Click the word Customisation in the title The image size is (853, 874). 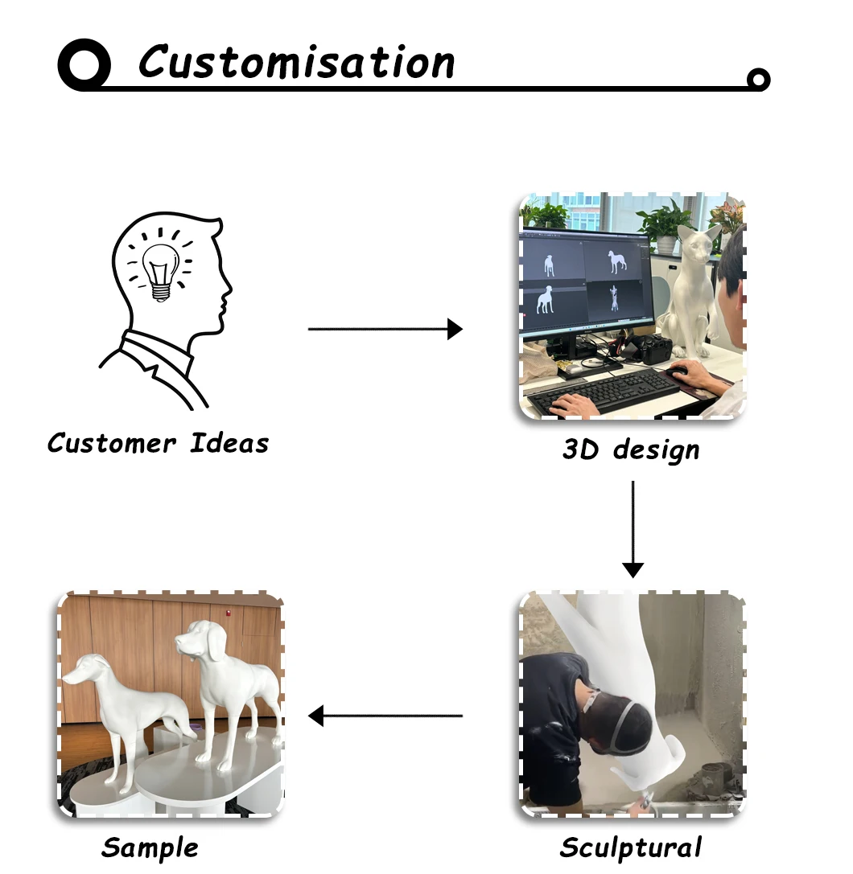coord(296,62)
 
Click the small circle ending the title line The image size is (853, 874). coord(757,79)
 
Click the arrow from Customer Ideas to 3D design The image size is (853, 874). coord(385,329)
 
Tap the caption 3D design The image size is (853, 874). coord(631,449)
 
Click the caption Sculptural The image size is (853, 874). coord(631,847)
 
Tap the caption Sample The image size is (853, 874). coord(150,847)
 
